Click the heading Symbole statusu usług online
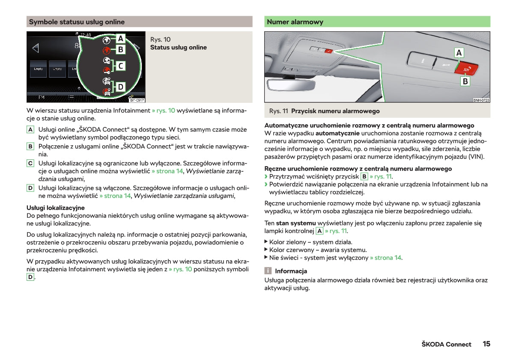tap(77, 22)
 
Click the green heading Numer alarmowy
tap(295, 22)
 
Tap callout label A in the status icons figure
tap(121, 39)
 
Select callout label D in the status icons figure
tap(121, 87)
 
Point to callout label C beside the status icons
tap(121, 66)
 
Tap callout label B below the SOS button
tap(465, 81)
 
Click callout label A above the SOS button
tap(459, 52)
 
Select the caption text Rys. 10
tap(161, 39)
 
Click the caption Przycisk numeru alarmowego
tap(335, 111)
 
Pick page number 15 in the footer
tap(486, 344)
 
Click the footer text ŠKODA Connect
tap(446, 344)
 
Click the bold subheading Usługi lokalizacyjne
tap(56, 208)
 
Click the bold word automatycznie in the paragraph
tap(337, 133)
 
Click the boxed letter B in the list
tap(30, 147)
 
